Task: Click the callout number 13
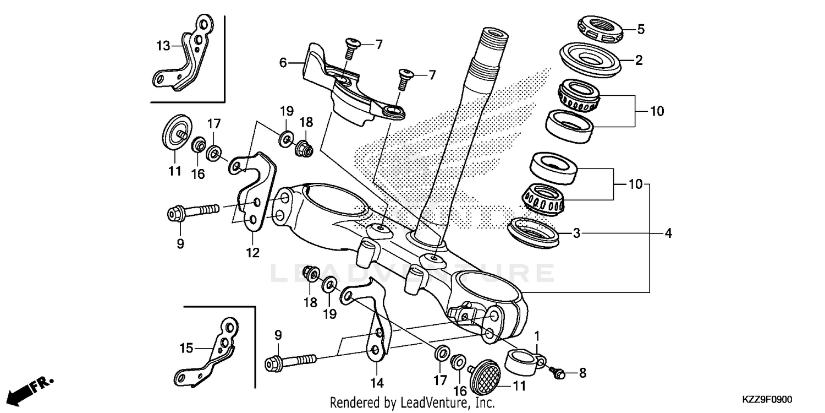[163, 46]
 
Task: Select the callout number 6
[283, 63]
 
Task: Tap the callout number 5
[641, 29]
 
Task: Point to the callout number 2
[639, 60]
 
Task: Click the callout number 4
[668, 233]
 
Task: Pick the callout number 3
[576, 233]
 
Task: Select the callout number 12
[252, 253]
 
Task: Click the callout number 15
[187, 348]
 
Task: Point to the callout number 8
[582, 373]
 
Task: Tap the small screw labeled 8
[558, 373]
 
